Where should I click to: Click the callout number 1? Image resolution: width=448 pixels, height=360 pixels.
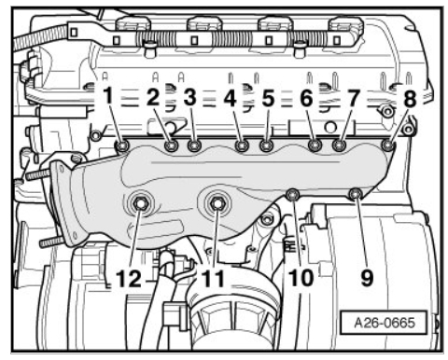pos(108,95)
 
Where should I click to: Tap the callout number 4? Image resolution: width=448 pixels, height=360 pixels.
pos(231,99)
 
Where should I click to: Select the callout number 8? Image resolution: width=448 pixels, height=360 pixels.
pos(410,99)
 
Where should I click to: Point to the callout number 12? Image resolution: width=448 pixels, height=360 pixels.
pos(129,278)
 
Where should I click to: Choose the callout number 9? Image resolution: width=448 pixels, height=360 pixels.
pos(367,278)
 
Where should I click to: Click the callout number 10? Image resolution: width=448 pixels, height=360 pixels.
pos(301,278)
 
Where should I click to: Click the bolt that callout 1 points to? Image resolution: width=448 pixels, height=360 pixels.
pos(122,145)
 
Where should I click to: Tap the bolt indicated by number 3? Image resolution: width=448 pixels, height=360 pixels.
pos(194,145)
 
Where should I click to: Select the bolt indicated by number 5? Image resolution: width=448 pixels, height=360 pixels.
pos(266,145)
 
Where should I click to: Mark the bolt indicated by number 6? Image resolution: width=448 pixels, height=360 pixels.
pos(315,145)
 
